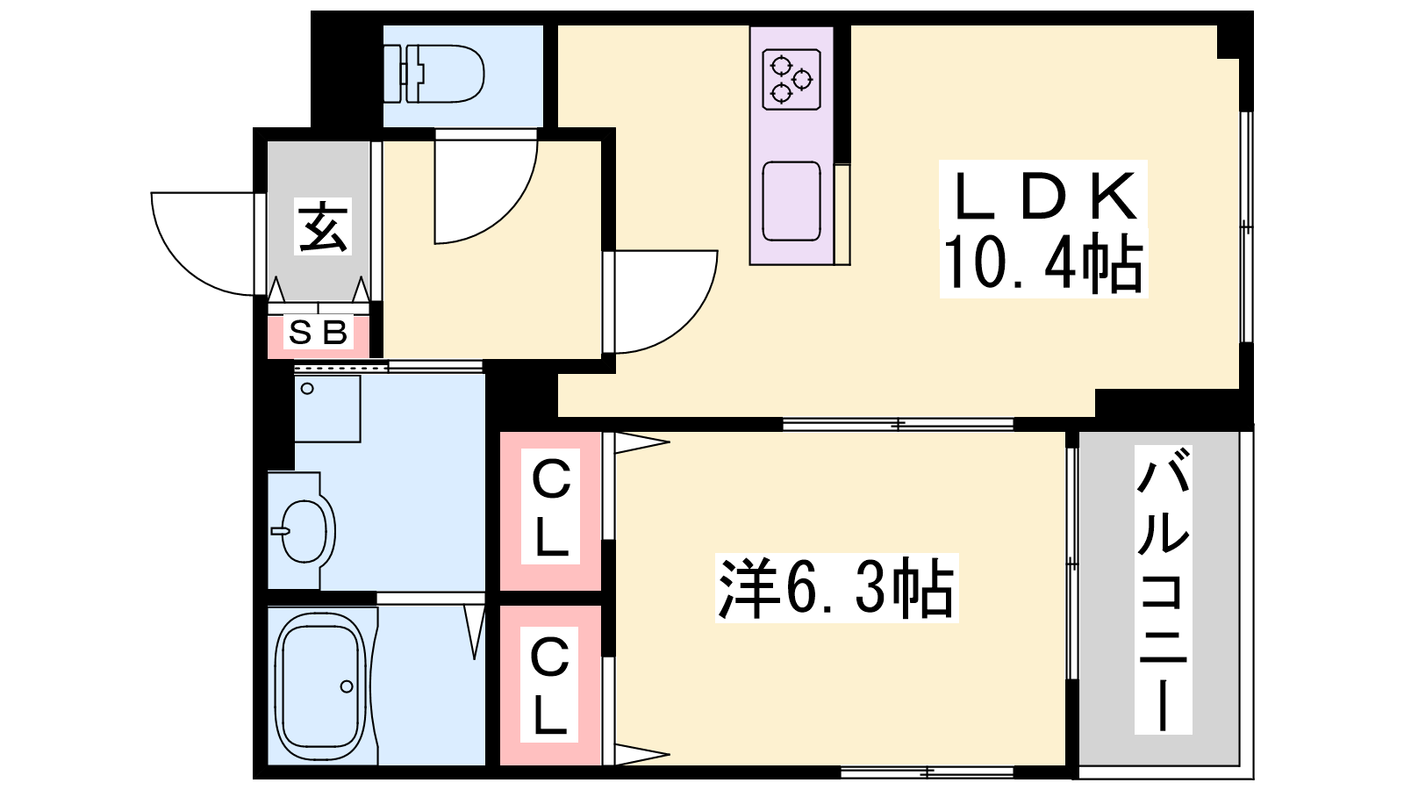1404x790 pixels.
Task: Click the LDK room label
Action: click(x=1044, y=197)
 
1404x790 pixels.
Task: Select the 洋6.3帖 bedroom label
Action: click(x=837, y=588)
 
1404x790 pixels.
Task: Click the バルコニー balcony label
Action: click(x=1164, y=589)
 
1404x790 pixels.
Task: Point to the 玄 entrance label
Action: click(x=323, y=226)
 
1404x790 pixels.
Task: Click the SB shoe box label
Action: click(x=318, y=333)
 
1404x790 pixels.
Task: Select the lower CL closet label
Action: click(x=549, y=686)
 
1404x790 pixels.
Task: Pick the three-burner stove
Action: click(x=792, y=80)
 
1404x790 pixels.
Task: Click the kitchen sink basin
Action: click(x=792, y=201)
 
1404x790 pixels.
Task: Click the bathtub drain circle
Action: click(x=347, y=686)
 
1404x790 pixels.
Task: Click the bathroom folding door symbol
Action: click(x=475, y=631)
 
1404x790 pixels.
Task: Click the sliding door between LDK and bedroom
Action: click(x=898, y=425)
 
